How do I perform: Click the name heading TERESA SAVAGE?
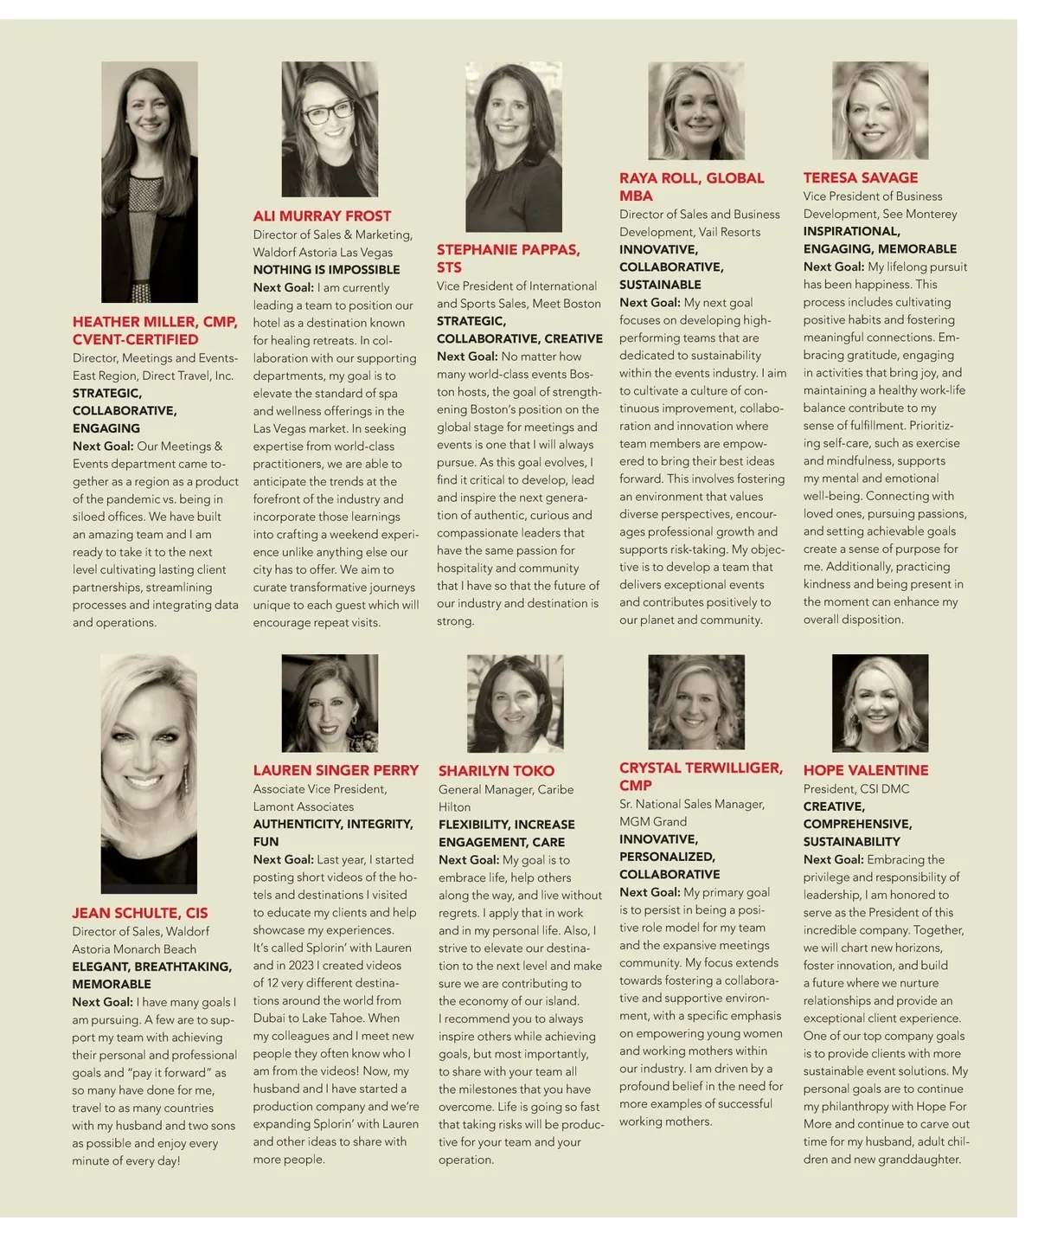tap(860, 178)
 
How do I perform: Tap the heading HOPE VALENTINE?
tap(865, 770)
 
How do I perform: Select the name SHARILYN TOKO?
tap(496, 771)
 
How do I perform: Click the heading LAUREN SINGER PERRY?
tap(336, 770)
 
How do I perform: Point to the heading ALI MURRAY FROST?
tap(322, 216)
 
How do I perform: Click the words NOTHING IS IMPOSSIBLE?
tap(326, 270)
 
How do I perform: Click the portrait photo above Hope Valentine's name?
tap(880, 703)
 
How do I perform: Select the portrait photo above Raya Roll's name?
tap(695, 111)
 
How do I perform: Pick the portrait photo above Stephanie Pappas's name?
tap(514, 146)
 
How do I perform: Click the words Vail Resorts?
tap(729, 232)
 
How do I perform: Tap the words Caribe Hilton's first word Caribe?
tap(554, 789)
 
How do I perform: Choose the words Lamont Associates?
tap(303, 806)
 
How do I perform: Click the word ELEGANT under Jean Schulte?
tap(99, 967)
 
